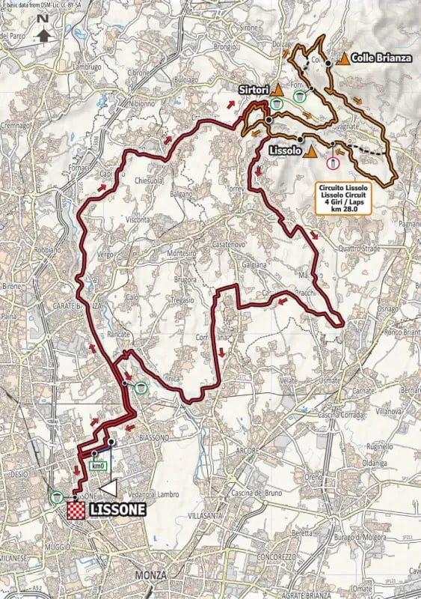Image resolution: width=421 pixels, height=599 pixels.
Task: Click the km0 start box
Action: [x=96, y=466]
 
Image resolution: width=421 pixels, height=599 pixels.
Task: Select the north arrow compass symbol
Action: [x=43, y=30]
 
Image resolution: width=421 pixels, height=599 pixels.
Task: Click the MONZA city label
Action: [x=150, y=574]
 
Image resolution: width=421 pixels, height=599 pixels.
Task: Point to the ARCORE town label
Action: [x=246, y=451]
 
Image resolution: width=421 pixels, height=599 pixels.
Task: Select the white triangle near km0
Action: [x=109, y=487]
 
